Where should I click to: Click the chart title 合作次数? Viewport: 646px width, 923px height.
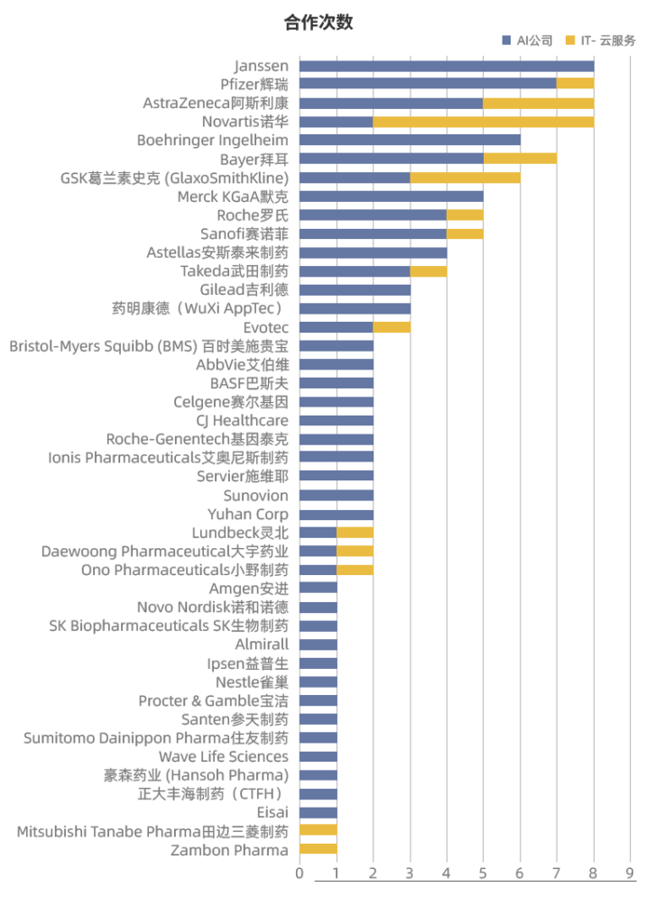pos(318,23)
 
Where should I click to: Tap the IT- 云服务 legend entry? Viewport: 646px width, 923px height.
pos(600,41)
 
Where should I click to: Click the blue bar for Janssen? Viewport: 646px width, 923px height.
pos(447,66)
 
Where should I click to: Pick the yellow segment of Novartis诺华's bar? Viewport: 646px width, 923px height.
pos(483,122)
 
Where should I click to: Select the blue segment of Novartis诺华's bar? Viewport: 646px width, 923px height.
pos(336,122)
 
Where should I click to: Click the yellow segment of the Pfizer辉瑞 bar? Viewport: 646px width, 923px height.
pos(575,84)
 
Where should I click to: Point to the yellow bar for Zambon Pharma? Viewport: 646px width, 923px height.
pos(318,849)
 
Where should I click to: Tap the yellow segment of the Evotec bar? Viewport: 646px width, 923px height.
pos(391,327)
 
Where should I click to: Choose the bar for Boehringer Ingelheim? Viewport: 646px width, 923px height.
pos(410,141)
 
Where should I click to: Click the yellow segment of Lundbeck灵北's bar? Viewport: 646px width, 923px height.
pos(355,533)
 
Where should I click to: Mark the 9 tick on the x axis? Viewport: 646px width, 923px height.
pos(631,873)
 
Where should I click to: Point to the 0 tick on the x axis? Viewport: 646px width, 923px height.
pos(300,873)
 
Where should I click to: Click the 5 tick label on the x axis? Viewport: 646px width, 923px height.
pos(484,873)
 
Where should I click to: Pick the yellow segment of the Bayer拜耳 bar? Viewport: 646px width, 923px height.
pos(520,159)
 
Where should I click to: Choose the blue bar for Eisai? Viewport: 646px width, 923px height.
pos(318,812)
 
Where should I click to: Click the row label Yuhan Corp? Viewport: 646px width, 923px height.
pos(248,514)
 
